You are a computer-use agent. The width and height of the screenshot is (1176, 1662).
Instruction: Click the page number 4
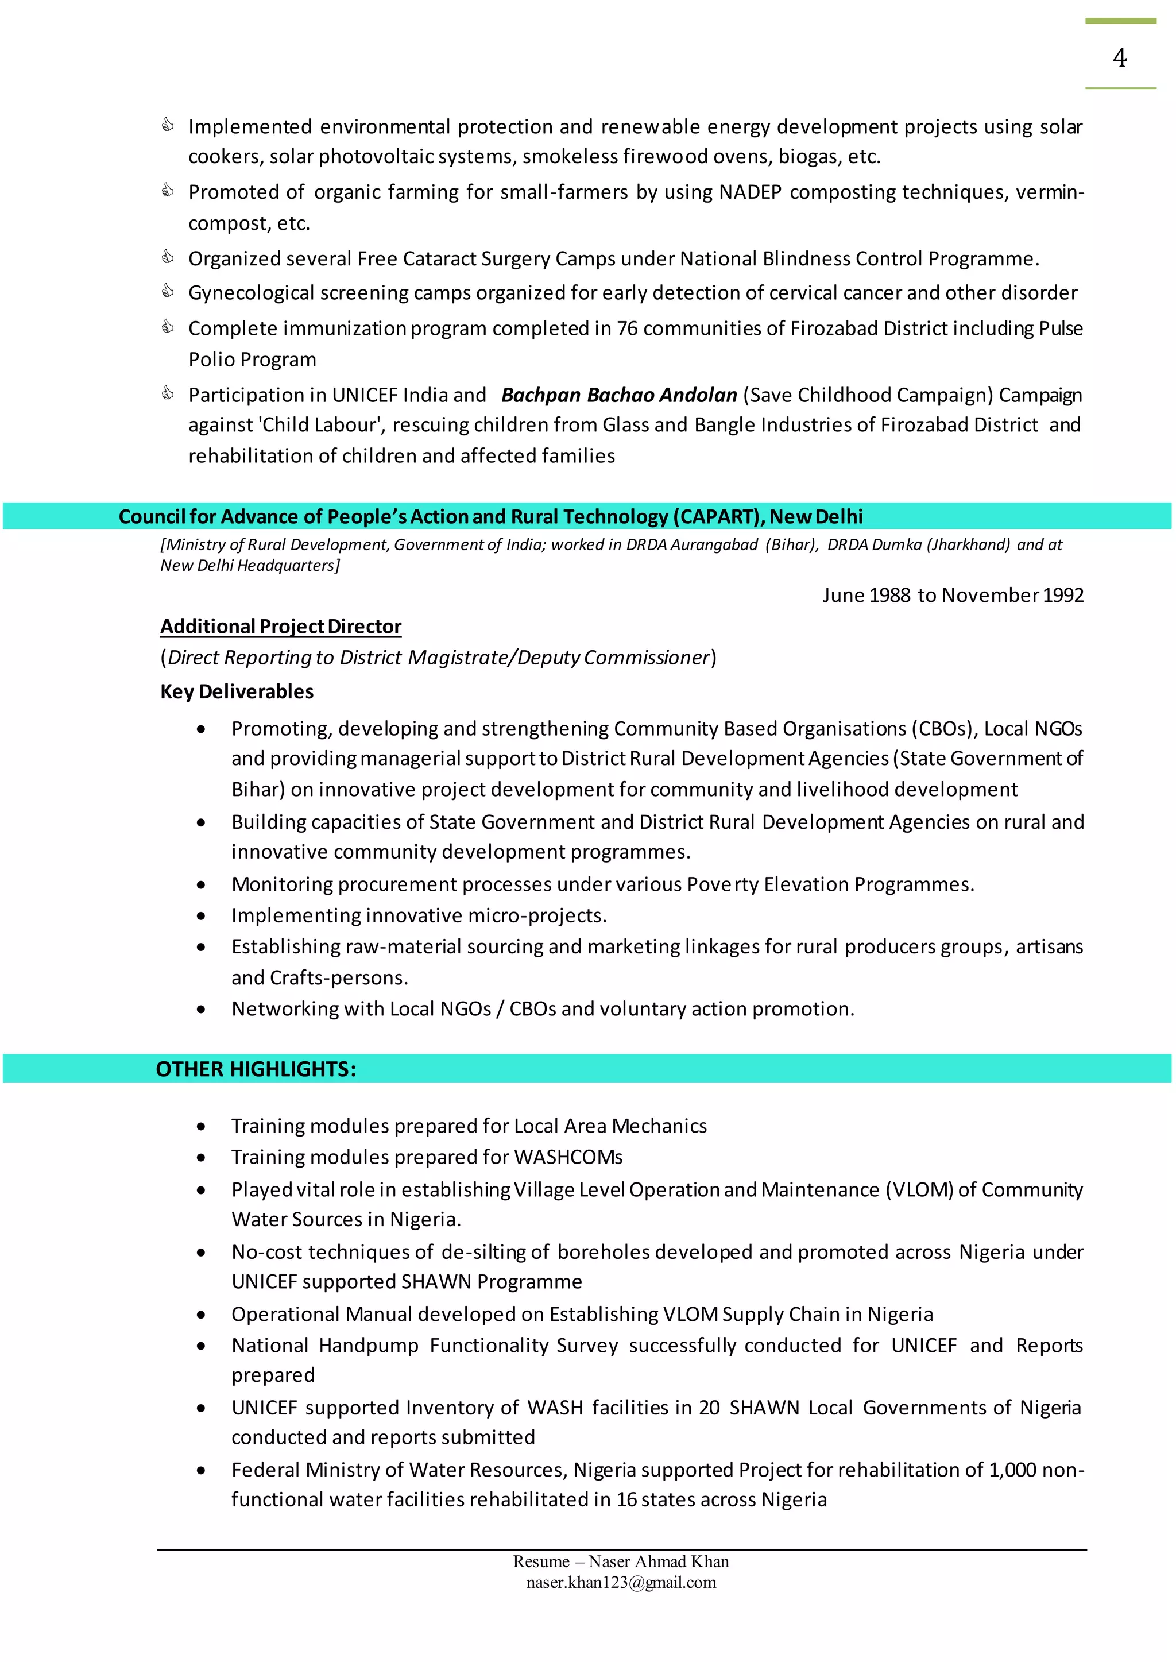click(1120, 58)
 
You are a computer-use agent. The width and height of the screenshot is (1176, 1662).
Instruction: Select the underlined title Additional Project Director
click(280, 627)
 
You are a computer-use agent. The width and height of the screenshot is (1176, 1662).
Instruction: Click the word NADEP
click(749, 192)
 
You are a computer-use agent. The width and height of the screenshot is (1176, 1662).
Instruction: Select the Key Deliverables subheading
click(237, 691)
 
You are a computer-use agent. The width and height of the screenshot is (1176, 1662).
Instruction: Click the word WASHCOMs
click(568, 1157)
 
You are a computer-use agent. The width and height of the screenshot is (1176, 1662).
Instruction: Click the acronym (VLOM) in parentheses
click(919, 1190)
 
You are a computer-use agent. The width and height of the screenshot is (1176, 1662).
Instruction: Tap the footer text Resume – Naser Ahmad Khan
click(621, 1561)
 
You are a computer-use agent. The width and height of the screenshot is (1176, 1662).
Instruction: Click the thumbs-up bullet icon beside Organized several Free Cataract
click(167, 257)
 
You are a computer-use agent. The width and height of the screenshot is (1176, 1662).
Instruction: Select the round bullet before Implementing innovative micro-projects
click(200, 916)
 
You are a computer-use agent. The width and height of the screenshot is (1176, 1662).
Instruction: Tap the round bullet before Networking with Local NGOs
click(200, 1010)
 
